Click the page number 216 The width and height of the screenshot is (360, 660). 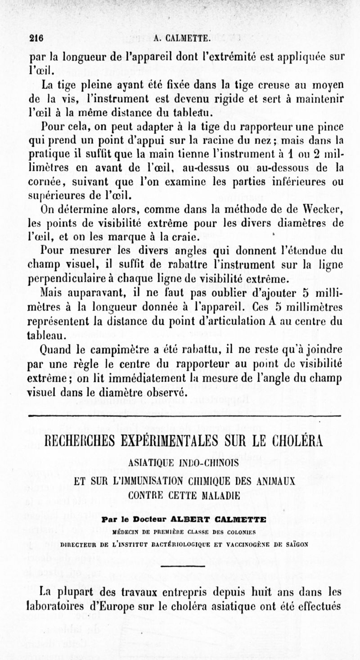[x=36, y=39]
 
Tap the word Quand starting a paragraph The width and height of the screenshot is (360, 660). [x=43, y=349]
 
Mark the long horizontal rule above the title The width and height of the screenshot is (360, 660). [x=184, y=415]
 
